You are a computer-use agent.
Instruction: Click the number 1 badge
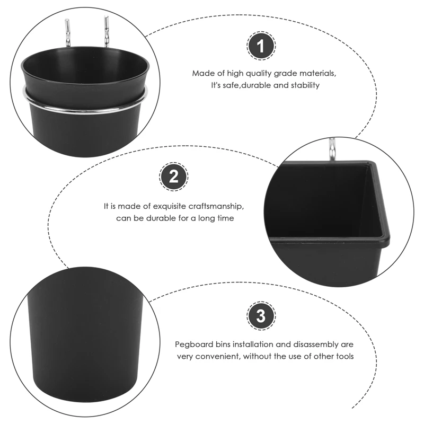click(261, 46)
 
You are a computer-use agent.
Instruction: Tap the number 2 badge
click(174, 176)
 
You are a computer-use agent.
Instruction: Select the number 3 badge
click(261, 315)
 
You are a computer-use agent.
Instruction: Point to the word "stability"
click(305, 85)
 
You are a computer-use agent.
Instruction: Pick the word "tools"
click(344, 356)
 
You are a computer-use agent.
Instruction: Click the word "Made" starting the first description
click(200, 73)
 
